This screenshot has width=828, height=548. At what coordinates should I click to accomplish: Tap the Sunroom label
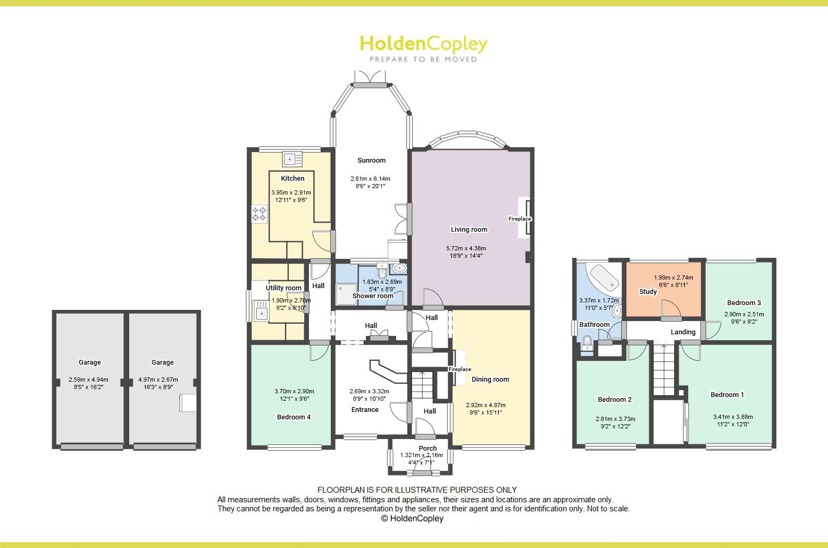coord(371,161)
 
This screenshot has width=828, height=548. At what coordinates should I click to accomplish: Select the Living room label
coord(469,230)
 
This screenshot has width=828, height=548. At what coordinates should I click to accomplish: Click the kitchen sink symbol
coord(292,158)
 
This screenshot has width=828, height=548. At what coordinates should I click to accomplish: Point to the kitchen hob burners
coord(259,214)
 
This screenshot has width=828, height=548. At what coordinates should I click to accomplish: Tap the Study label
coord(648,292)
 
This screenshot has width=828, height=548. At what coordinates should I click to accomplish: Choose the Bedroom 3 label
coord(743,303)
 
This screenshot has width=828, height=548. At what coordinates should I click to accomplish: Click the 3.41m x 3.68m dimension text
coord(732,417)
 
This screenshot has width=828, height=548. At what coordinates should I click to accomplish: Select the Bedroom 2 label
coord(614,400)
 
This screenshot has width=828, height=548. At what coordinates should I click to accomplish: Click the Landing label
coord(683,332)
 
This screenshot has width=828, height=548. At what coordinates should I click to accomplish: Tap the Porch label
coord(428,449)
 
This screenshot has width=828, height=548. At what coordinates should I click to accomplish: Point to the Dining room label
coord(490,380)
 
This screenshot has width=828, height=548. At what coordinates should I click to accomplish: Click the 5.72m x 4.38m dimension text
coord(466,248)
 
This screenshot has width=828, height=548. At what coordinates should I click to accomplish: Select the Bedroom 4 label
coord(294,417)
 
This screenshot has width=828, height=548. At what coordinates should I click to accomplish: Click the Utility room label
coord(283,288)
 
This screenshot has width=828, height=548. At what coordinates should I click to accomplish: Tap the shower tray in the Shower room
coord(346,294)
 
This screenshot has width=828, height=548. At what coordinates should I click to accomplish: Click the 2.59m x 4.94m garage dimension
coord(88,380)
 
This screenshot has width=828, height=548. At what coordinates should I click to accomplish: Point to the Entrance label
coord(365,410)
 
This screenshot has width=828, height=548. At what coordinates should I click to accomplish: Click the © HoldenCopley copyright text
coord(412,519)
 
